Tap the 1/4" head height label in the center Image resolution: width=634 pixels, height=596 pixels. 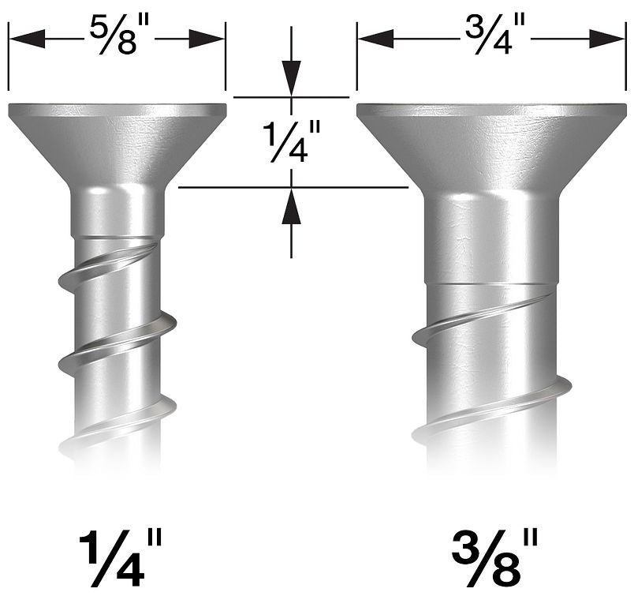coord(291,141)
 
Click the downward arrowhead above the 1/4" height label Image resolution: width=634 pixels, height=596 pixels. coord(292,80)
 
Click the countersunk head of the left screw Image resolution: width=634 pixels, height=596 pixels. coord(117,142)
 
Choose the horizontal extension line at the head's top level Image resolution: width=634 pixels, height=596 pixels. coord(292,97)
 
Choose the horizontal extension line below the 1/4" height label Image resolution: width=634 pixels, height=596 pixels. coord(292,187)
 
